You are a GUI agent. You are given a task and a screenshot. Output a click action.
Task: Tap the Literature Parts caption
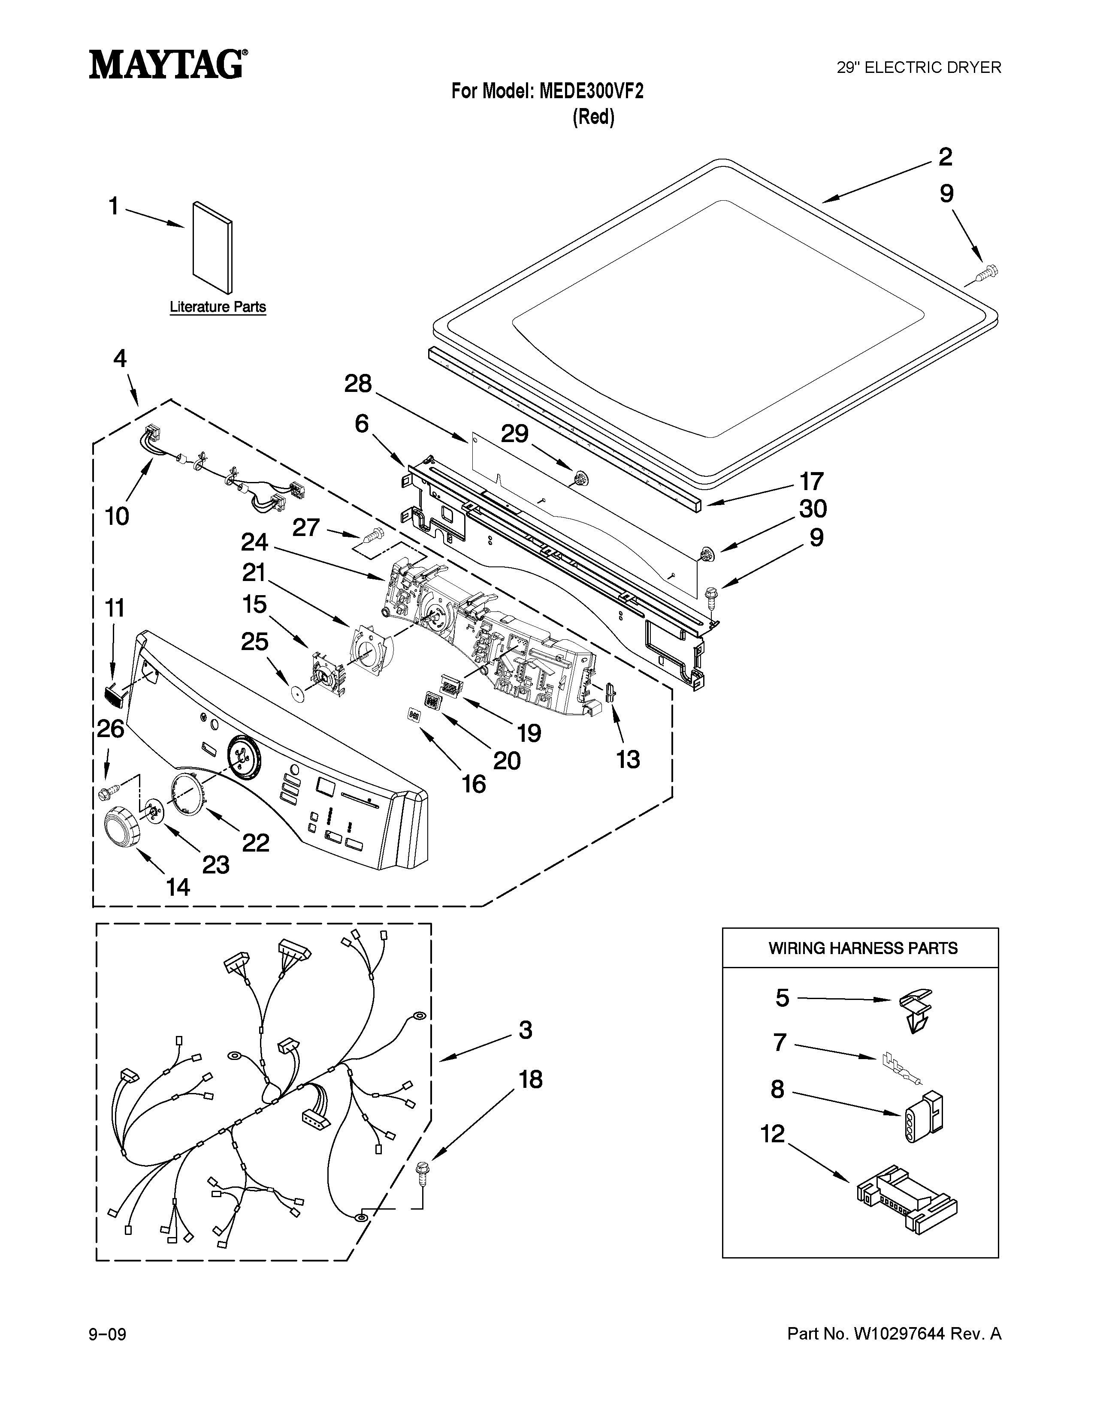(x=218, y=307)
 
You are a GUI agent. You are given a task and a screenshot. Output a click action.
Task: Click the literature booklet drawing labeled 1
(x=212, y=247)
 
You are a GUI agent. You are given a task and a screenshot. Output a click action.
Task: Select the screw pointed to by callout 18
(x=423, y=1173)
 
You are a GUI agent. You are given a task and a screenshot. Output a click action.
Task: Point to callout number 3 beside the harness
(x=525, y=1030)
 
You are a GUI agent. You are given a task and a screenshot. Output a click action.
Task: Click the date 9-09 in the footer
(x=108, y=1335)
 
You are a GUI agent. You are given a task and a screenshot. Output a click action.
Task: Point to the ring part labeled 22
(x=187, y=797)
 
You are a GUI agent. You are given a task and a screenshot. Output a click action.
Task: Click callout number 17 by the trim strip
(x=811, y=482)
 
